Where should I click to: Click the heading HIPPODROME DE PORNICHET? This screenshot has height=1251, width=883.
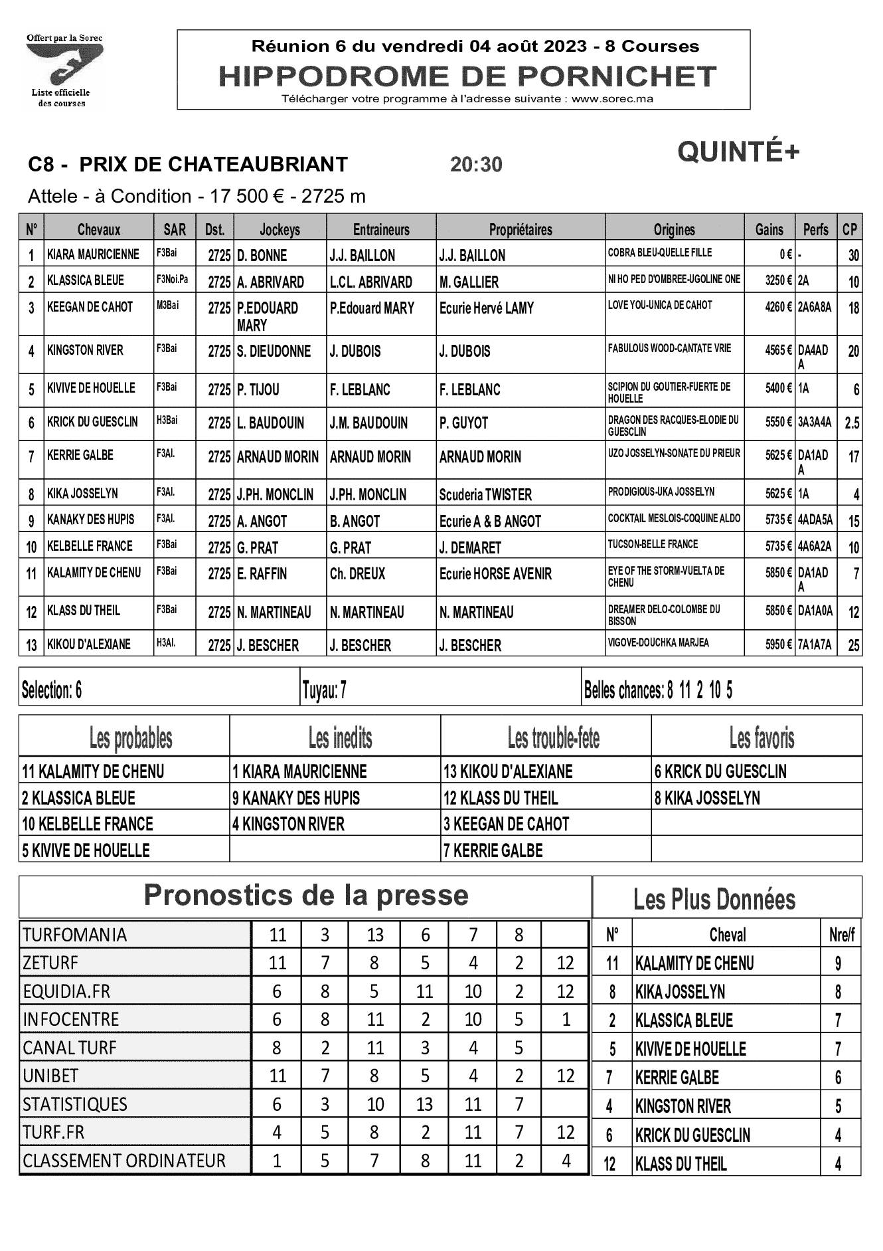coord(467,77)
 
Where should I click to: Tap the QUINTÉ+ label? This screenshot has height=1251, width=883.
coord(738,152)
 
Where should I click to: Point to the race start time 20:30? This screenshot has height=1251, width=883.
coord(476,164)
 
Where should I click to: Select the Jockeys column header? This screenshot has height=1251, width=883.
coord(280,230)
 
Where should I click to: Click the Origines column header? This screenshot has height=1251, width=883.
coord(674,230)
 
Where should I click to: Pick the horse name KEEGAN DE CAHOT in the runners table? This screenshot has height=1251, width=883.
coord(90,307)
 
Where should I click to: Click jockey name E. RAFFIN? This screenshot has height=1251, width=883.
coord(262,574)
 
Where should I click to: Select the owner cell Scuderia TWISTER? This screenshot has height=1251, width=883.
coord(485,495)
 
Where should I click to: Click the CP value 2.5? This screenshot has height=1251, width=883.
coord(852,423)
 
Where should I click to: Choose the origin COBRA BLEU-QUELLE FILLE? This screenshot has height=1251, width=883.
coord(659,253)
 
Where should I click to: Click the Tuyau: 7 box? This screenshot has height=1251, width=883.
coord(324,691)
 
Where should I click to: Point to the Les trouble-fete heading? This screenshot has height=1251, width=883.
coord(553,737)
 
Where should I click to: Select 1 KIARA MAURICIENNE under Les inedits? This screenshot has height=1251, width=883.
coord(299,772)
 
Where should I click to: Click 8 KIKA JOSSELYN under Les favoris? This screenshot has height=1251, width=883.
coord(707,798)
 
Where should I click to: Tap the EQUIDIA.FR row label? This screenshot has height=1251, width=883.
coord(66,991)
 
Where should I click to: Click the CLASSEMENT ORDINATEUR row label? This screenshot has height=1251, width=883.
coord(124,1161)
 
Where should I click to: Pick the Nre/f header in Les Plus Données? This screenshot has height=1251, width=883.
coord(841,935)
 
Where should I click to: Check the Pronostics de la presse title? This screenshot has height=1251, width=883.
coord(306,896)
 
